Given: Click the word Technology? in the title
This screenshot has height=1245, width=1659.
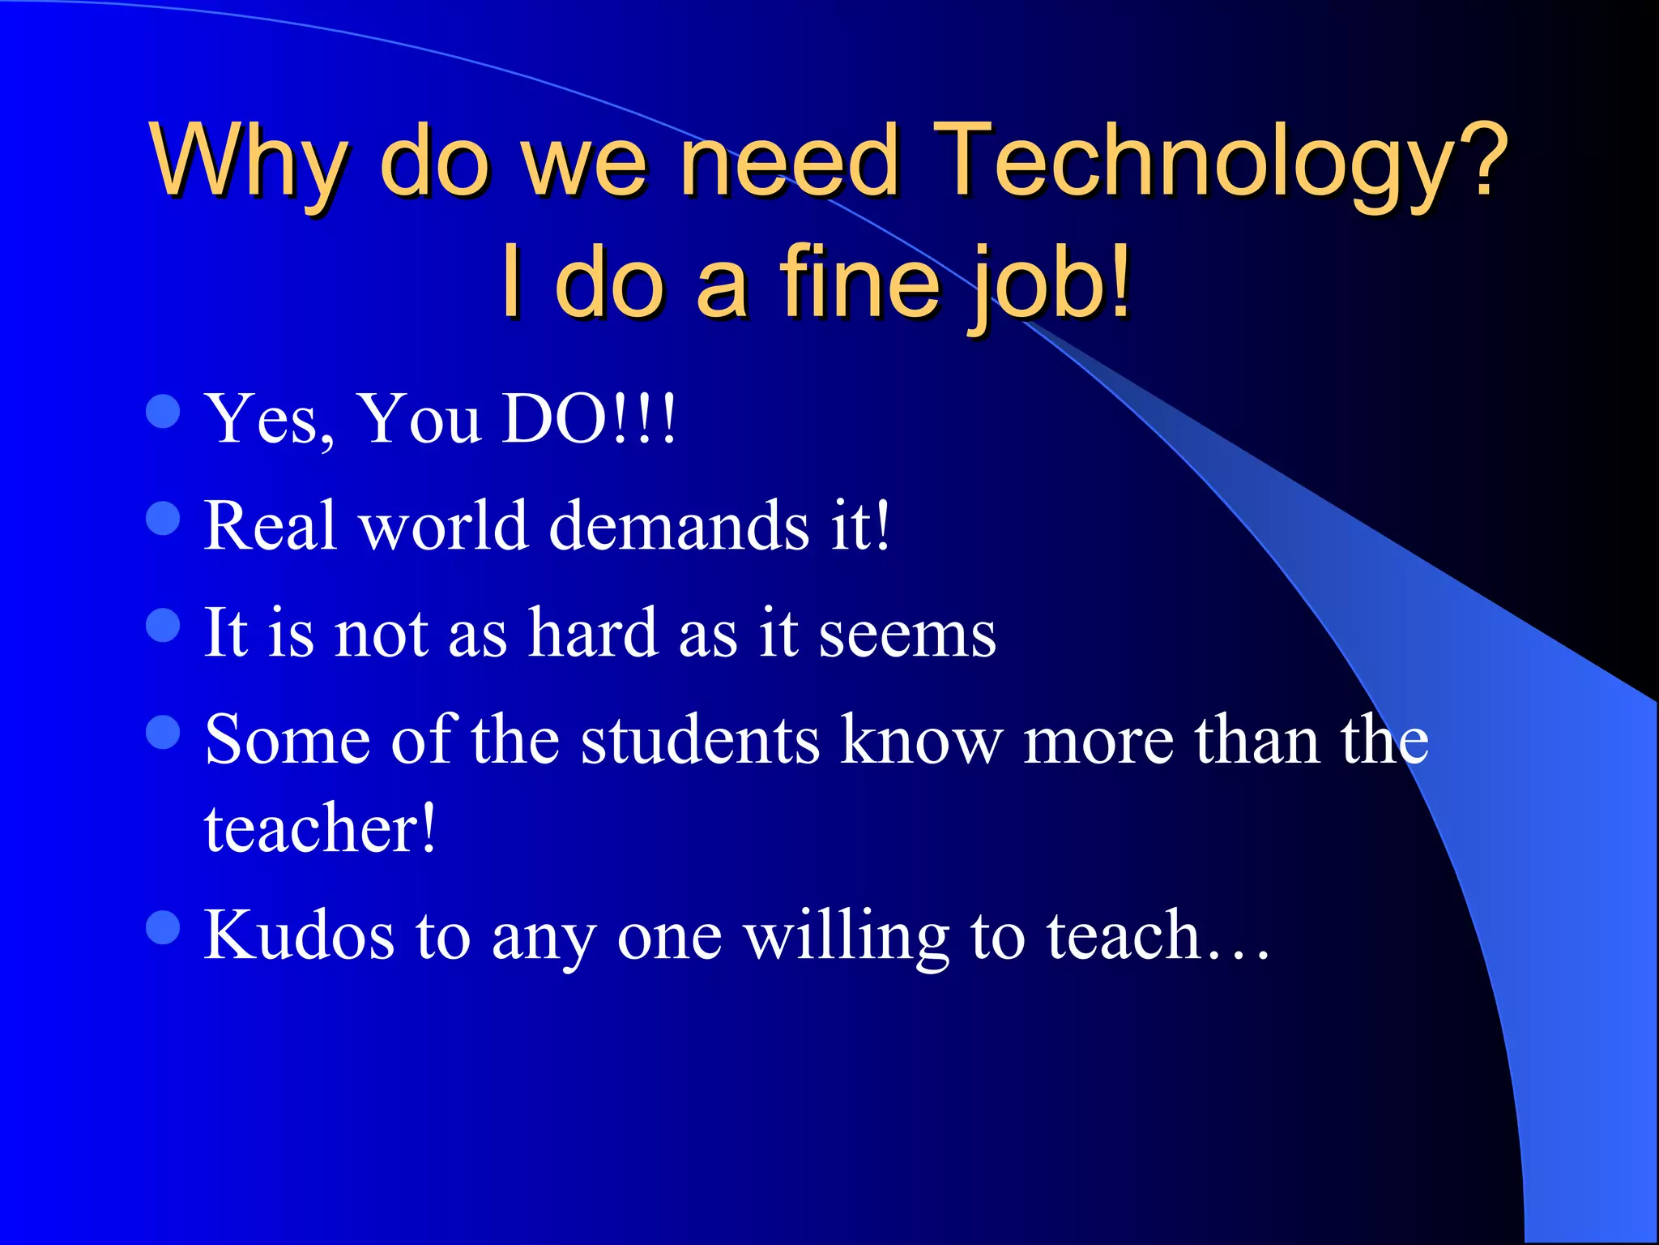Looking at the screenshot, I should pos(1223,162).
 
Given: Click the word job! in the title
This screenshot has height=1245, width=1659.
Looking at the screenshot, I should pos(1049,284).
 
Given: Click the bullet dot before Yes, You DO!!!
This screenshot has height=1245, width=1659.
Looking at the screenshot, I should pos(163,411).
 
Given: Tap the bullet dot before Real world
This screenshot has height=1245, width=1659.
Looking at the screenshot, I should pos(163,518).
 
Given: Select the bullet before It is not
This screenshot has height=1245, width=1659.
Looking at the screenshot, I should pos(163,625).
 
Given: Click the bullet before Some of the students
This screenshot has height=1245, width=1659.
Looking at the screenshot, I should pos(163,732).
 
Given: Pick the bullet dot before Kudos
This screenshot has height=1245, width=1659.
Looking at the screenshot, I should pos(163,927).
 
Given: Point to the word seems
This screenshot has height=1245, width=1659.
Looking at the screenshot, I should pos(907,635).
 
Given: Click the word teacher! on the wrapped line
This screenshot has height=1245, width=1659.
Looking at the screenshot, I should pos(320,828).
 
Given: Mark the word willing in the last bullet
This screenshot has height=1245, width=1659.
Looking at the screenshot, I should pos(847,937).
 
